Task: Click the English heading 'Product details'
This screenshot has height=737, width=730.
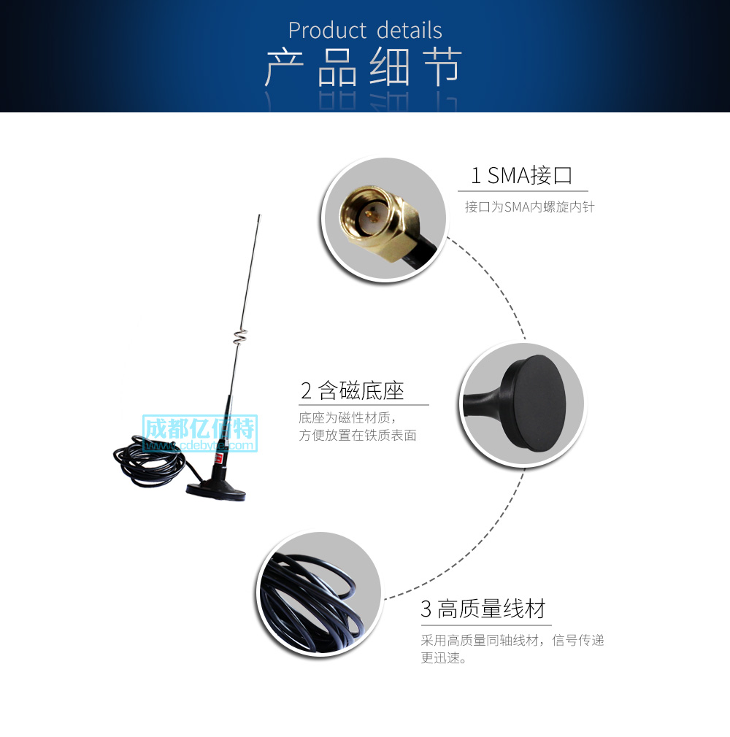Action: click(x=365, y=31)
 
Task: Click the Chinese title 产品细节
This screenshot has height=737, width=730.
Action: click(x=363, y=69)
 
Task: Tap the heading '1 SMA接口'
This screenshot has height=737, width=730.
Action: click(x=521, y=175)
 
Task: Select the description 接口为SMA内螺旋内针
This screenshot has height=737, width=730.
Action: click(x=529, y=207)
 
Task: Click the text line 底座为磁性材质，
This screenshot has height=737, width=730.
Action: click(x=350, y=419)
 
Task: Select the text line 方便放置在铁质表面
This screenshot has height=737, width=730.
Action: click(x=358, y=436)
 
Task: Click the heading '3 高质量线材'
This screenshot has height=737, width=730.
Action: click(x=483, y=609)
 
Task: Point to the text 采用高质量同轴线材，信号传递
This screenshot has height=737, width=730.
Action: click(x=512, y=641)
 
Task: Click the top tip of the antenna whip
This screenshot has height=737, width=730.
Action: click(x=259, y=216)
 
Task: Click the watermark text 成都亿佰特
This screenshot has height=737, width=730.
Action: click(x=199, y=428)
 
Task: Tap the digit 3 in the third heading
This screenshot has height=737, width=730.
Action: click(x=426, y=609)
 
